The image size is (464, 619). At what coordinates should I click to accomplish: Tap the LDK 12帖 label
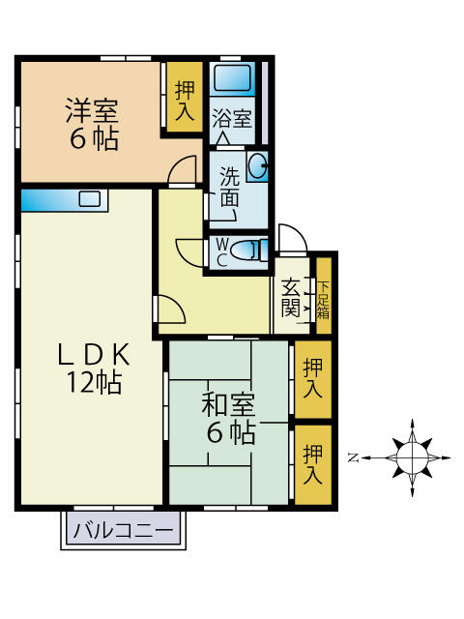click(93, 368)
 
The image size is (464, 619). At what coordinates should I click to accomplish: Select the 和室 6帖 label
click(229, 416)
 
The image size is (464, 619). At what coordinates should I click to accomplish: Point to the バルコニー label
click(125, 530)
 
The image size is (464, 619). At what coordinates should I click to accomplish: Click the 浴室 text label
click(232, 120)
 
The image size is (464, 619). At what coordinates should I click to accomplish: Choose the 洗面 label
click(229, 188)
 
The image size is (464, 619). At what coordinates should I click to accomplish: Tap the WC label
click(221, 251)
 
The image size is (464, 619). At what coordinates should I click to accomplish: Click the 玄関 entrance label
click(291, 298)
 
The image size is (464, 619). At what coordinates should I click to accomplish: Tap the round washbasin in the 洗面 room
click(258, 167)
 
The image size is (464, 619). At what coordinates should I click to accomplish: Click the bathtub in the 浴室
click(233, 78)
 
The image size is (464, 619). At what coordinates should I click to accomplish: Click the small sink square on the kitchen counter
click(90, 199)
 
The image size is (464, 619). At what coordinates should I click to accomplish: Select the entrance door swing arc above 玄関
click(291, 239)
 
